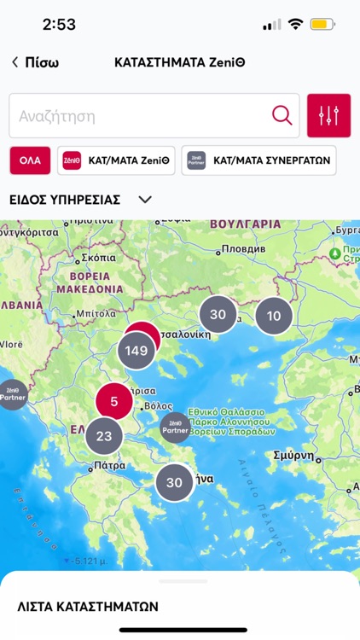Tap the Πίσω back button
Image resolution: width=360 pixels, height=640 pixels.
coord(36,62)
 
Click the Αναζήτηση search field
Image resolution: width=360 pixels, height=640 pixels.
coord(136,116)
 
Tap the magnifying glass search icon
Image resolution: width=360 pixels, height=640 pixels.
coord(282,115)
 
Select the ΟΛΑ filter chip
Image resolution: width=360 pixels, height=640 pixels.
coord(30,160)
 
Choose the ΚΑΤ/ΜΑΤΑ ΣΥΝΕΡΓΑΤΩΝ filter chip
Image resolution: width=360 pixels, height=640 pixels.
coord(258,160)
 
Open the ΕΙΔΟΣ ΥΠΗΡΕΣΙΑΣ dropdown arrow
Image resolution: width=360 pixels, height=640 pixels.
coord(145,200)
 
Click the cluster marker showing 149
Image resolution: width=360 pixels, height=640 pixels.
coord(136,350)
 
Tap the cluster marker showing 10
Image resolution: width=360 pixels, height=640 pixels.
coord(274,316)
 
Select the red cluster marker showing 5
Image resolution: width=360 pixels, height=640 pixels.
coord(114,400)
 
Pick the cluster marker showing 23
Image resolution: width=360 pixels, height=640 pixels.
coord(104,436)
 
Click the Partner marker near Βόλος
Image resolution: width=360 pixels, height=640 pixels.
coord(176,426)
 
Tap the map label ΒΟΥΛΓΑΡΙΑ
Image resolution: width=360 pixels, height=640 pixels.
coord(245,224)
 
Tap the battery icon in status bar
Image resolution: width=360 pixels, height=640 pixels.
coord(322,24)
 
